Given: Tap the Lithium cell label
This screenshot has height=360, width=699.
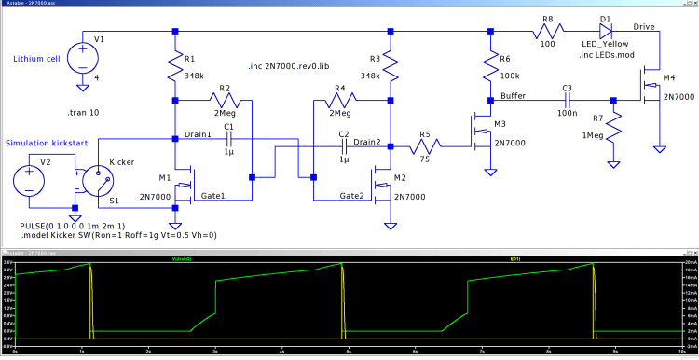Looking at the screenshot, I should [36, 59].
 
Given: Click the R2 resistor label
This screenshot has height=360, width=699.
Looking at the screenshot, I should [224, 88].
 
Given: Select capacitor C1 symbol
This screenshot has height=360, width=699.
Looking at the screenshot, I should [227, 140].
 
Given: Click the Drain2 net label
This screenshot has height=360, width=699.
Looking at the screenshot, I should [366, 142].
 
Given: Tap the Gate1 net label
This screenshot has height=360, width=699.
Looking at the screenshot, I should [214, 196].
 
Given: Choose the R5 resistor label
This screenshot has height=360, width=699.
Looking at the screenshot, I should [424, 134].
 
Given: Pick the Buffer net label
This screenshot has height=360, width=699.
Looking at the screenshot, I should [513, 95].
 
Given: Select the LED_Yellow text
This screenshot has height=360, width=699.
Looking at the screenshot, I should [606, 45].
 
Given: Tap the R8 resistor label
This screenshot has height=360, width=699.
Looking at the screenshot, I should [548, 19].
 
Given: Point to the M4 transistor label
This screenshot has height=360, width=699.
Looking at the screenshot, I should [668, 77].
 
